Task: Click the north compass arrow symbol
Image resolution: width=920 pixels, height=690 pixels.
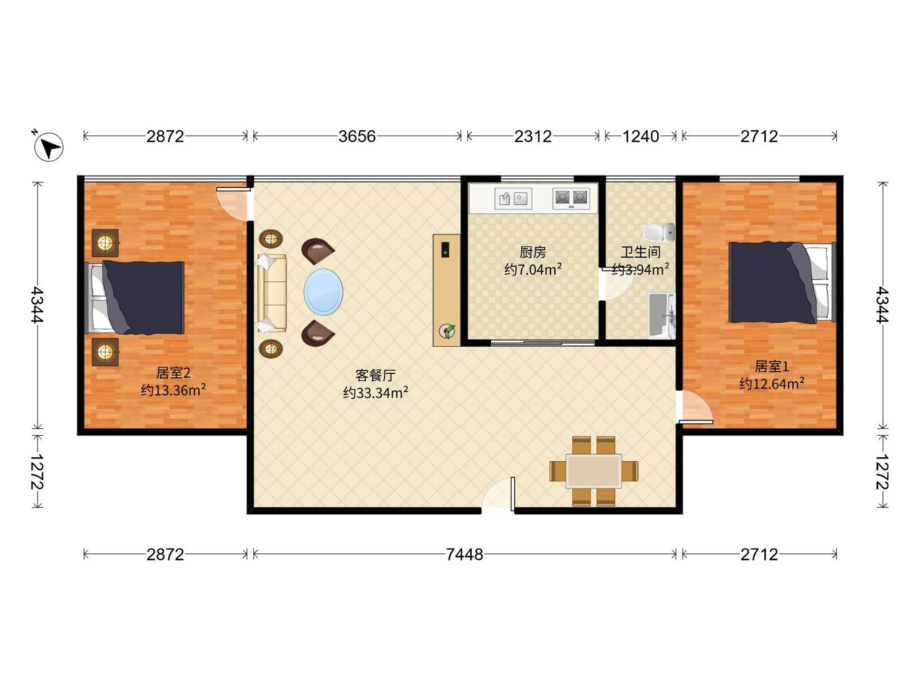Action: (49, 147)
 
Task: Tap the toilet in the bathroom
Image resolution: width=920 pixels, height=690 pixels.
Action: (659, 233)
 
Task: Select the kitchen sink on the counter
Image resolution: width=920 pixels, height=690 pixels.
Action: (513, 199)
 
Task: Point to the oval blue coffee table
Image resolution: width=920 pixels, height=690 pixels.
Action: (324, 292)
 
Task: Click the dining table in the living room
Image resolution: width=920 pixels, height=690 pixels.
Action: (594, 471)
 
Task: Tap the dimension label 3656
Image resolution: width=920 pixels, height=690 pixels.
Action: (357, 136)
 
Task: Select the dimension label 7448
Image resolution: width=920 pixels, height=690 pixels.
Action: (465, 554)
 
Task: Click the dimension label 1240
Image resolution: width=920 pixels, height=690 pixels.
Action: (641, 136)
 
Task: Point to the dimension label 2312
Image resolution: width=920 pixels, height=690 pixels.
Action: (533, 136)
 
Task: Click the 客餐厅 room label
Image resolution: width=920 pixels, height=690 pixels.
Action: (376, 376)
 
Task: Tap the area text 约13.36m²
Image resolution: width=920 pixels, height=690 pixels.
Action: (173, 390)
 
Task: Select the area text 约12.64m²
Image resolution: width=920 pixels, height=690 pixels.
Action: (772, 383)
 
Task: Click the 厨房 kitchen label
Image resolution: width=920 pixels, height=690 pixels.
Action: (533, 251)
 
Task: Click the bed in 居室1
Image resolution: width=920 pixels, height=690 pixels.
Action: (782, 283)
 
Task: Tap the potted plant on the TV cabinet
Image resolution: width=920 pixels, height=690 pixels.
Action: (447, 332)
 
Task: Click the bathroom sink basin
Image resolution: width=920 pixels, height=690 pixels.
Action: (662, 315)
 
